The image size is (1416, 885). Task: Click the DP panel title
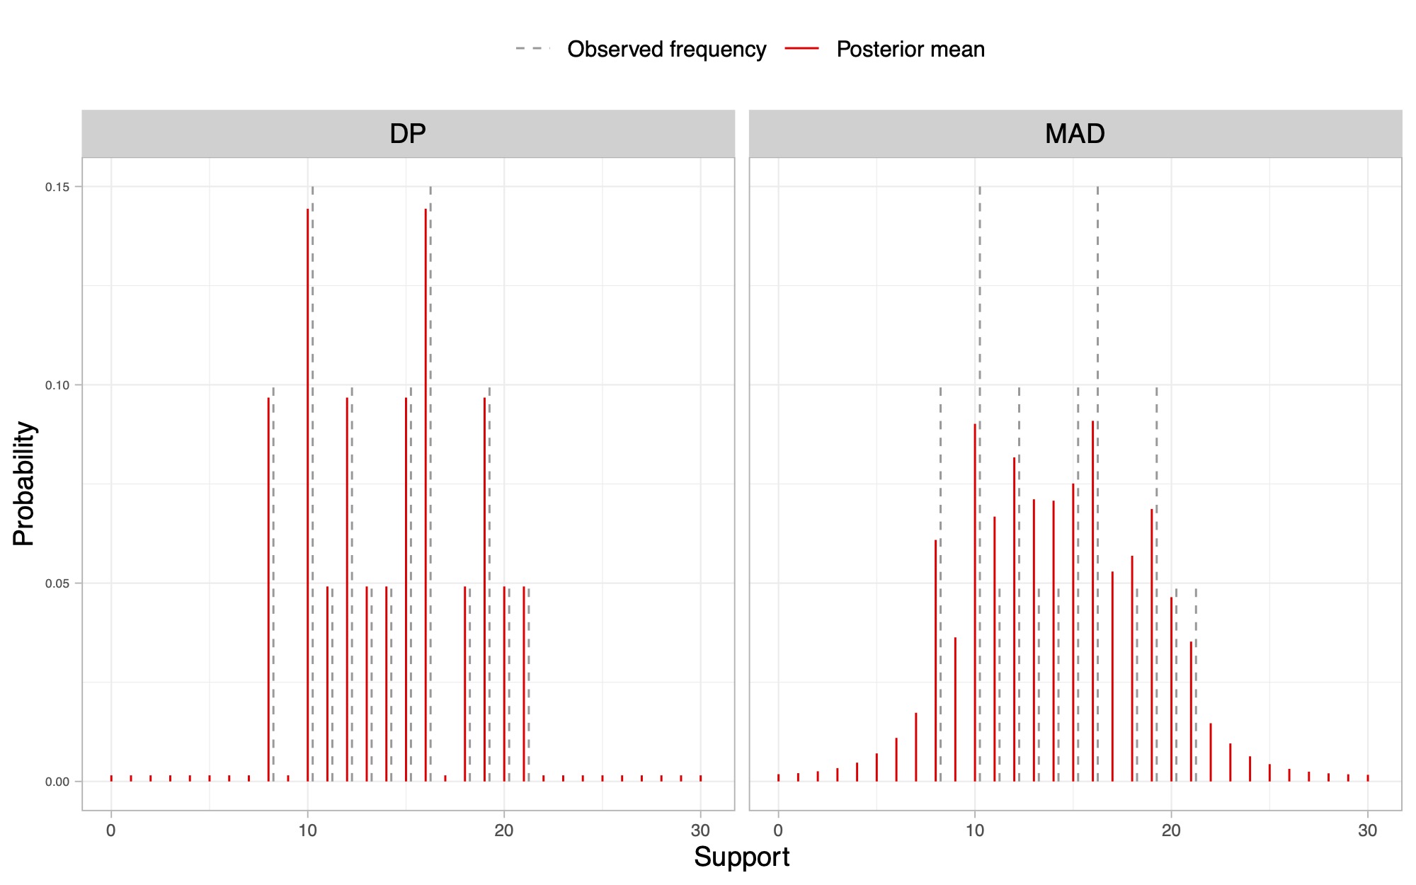(x=408, y=134)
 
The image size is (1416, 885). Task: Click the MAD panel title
(x=1075, y=134)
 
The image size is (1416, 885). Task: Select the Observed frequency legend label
(x=666, y=50)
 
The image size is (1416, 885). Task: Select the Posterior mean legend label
(x=910, y=50)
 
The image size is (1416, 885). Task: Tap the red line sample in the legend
(x=801, y=49)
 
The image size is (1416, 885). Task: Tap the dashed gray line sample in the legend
(x=532, y=49)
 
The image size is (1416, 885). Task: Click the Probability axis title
(x=23, y=484)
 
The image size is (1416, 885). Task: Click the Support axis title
(x=741, y=857)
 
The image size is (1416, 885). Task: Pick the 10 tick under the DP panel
(x=307, y=830)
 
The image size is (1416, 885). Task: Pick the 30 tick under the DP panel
(x=700, y=830)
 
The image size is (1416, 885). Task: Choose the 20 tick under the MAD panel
(x=1171, y=830)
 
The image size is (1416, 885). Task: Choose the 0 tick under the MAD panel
(x=778, y=830)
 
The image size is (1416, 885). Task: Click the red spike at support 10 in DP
(x=308, y=496)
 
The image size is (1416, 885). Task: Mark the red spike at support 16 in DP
(x=426, y=496)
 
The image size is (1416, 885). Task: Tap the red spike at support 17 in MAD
(x=1112, y=676)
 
